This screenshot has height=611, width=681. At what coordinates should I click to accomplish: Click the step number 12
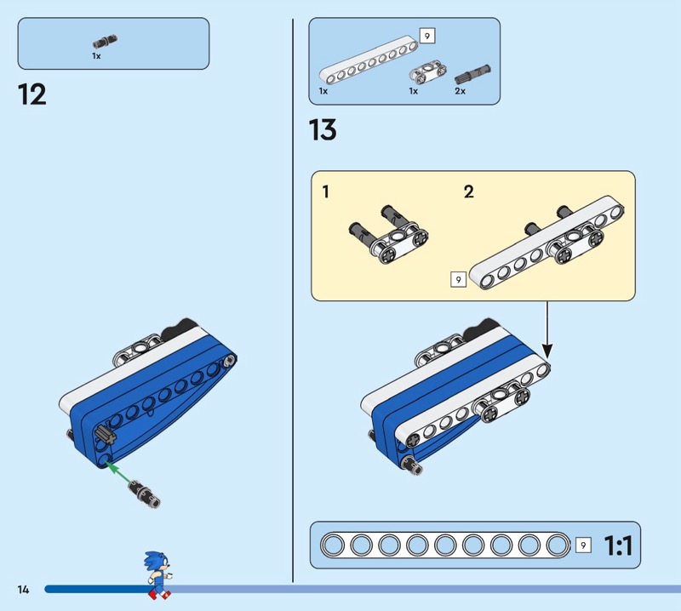[32, 94]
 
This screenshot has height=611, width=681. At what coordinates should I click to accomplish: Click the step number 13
[323, 130]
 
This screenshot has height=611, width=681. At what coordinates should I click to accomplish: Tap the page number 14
[23, 589]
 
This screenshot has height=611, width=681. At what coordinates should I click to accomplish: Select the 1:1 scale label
[617, 545]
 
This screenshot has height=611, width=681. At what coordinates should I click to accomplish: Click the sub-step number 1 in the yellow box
[326, 192]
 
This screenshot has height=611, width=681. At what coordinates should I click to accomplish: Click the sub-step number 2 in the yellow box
[468, 192]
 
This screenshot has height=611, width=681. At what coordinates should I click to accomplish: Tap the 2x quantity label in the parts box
[460, 91]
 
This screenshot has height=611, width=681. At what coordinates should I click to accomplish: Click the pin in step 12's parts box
[106, 40]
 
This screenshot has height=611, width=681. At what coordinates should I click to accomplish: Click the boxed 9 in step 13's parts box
[426, 36]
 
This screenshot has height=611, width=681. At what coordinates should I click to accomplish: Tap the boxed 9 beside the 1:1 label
[583, 545]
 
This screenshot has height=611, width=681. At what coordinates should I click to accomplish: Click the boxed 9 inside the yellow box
[458, 278]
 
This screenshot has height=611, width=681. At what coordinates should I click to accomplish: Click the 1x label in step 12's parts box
[97, 55]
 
